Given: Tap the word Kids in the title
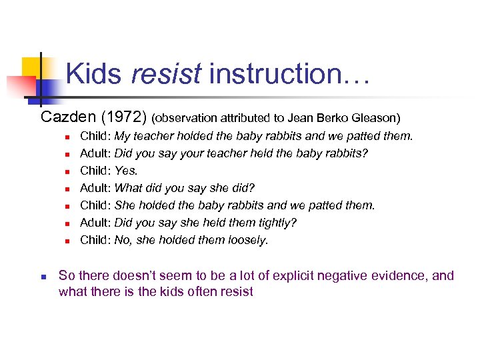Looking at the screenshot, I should [x=94, y=73].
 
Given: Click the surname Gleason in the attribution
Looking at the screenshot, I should [x=376, y=119].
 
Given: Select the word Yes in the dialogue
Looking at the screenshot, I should [x=125, y=171].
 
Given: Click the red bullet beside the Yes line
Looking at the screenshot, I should [x=67, y=171].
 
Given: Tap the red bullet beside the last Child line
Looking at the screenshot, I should [x=67, y=241].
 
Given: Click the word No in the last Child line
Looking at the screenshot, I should [x=123, y=240].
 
